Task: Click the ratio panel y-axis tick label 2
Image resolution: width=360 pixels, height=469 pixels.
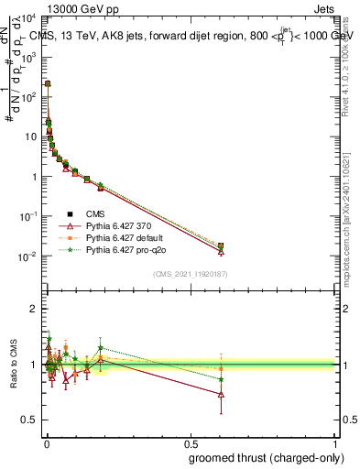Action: click(x=33, y=309)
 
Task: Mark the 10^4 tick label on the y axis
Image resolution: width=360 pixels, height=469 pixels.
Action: click(x=27, y=17)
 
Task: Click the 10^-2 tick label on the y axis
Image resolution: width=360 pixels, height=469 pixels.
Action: click(x=27, y=256)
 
